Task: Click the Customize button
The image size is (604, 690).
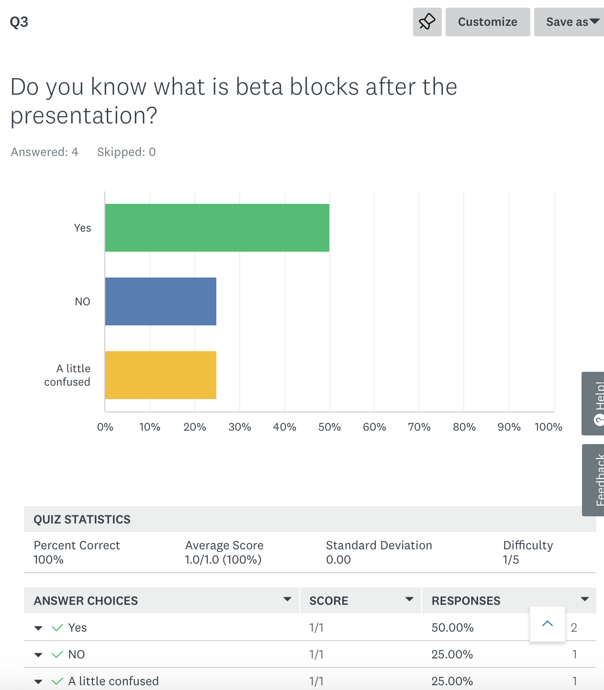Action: tap(487, 22)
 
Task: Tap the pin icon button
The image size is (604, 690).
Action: tap(427, 22)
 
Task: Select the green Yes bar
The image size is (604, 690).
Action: tap(217, 228)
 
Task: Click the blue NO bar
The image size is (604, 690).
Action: tap(160, 301)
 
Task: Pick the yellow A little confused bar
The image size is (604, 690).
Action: tap(160, 375)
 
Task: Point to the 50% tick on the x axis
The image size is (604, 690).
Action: tap(329, 427)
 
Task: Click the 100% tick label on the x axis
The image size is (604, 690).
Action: tap(548, 427)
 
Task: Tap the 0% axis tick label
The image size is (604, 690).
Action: tap(105, 427)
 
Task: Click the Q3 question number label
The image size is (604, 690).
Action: tap(19, 22)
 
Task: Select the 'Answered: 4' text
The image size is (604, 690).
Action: tap(45, 152)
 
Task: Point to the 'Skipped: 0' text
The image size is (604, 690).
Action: tap(126, 152)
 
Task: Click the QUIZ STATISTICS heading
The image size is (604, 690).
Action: tap(82, 520)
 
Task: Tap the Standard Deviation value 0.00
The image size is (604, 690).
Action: tap(338, 560)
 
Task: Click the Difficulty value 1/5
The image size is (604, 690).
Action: tap(511, 560)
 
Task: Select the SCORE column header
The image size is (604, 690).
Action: tap(329, 601)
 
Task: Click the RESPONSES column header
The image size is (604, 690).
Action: tap(466, 601)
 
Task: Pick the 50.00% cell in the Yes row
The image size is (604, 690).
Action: tap(452, 628)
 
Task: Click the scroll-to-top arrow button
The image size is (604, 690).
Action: tap(548, 624)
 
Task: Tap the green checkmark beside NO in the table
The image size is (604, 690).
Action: tap(57, 655)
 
